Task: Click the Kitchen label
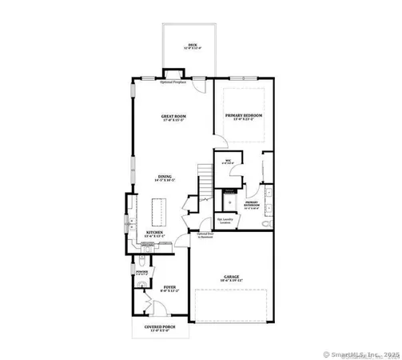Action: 154,234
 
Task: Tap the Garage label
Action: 232,279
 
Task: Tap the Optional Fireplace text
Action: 173,82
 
